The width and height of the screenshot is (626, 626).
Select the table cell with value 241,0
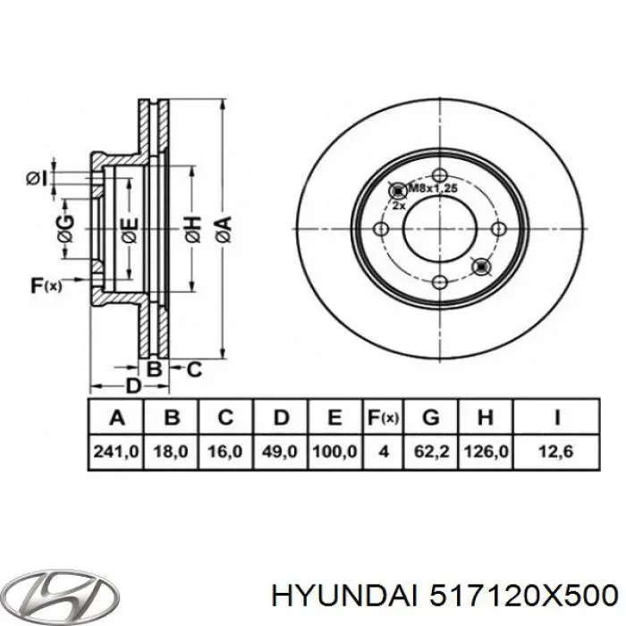pyautogui.click(x=115, y=454)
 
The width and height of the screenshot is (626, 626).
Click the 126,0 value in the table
pyautogui.click(x=486, y=454)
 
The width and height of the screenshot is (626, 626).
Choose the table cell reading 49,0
pyautogui.click(x=282, y=454)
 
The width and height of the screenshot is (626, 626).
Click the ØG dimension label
pyautogui.click(x=64, y=229)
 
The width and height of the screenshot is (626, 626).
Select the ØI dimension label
pyautogui.click(x=35, y=180)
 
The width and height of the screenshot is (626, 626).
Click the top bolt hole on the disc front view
pyautogui.click(x=438, y=175)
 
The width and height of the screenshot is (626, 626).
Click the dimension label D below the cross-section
pyautogui.click(x=133, y=386)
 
